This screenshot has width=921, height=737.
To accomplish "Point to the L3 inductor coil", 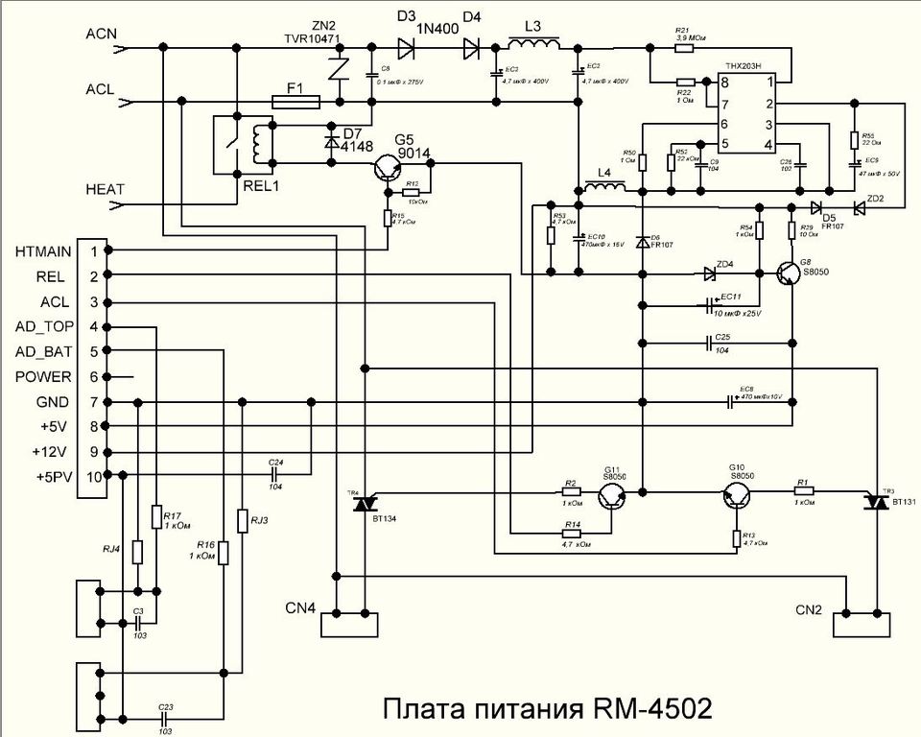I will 534,48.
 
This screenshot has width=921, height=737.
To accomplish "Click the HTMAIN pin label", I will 43,250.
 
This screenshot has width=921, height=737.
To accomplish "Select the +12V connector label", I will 53,450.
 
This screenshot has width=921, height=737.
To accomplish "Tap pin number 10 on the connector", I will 94,476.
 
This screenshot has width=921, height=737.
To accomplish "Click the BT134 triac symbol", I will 365,502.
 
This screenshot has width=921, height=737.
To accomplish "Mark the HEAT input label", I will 105,188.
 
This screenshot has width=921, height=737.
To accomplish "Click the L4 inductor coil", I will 603,187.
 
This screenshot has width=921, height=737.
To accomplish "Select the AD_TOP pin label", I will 44,326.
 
